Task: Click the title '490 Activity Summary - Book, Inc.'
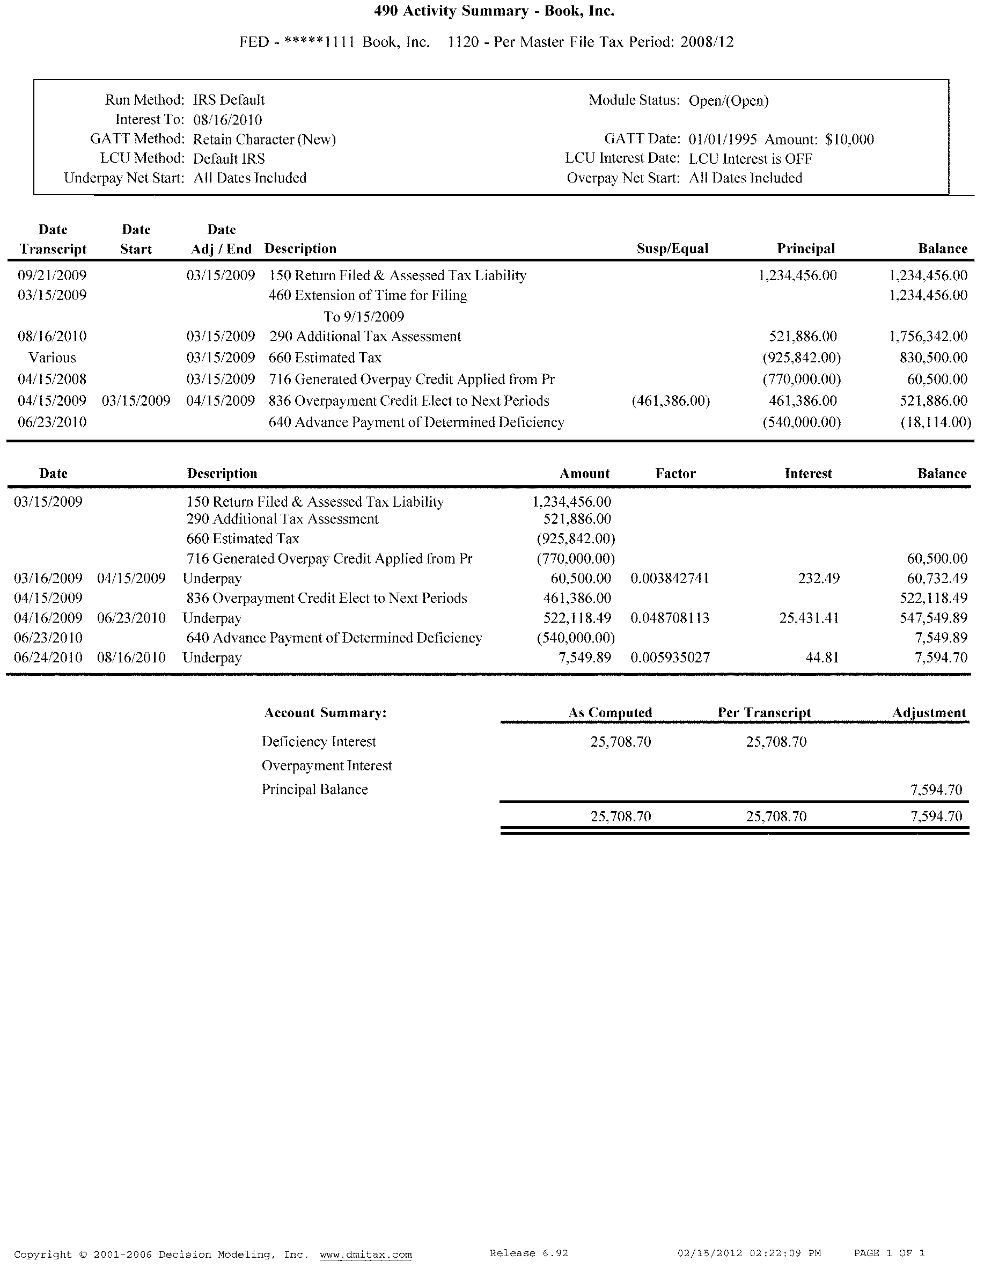494,11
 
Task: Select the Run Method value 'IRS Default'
229,100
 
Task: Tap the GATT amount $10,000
849,140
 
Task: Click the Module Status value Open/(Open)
729,100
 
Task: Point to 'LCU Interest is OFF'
751,159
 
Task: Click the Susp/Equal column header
672,249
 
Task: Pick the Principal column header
806,249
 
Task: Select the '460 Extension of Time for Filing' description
368,295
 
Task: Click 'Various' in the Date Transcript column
52,358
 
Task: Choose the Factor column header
675,473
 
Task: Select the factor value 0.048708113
670,618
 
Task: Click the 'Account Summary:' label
325,713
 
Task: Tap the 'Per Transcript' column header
765,713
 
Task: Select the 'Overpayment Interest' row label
327,766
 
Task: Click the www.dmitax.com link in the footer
365,1254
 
